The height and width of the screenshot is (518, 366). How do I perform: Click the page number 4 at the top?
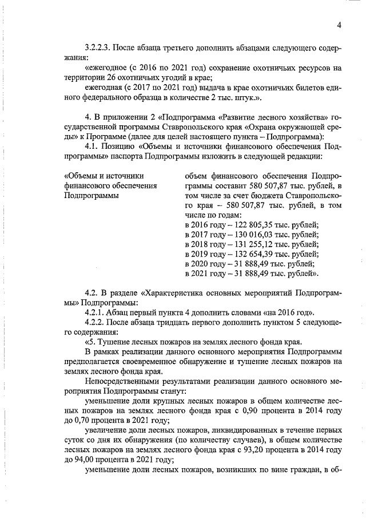pyautogui.click(x=339, y=25)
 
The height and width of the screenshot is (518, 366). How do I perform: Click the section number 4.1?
pyautogui.click(x=93, y=146)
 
